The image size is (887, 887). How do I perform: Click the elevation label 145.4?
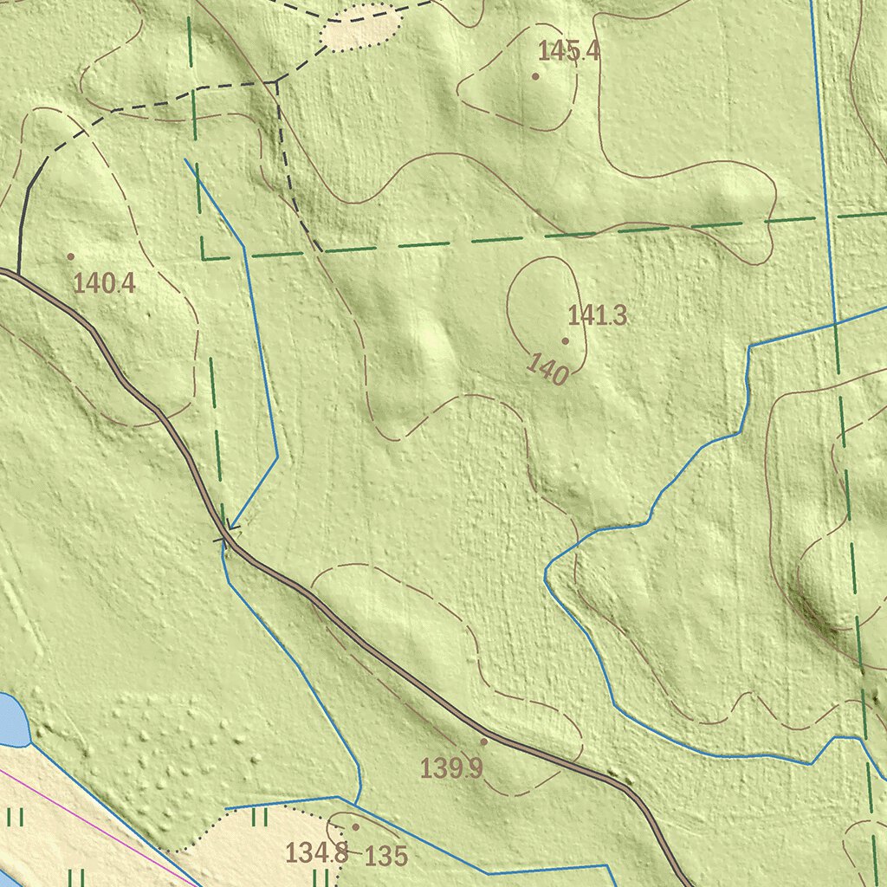568,51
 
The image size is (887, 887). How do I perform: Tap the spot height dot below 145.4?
535,76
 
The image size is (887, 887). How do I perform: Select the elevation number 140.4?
104,283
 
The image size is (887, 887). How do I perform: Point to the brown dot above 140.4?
70,256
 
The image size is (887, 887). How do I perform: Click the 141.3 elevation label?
597,316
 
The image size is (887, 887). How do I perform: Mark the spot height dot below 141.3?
566,341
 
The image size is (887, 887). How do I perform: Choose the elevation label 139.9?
451,767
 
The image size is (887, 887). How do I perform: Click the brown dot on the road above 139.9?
483,741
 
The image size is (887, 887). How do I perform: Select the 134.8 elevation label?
316,853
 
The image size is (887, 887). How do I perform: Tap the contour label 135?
385,857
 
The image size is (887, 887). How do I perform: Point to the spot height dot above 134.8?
355,827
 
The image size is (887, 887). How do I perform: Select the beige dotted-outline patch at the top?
361,27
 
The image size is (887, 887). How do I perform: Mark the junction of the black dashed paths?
275,82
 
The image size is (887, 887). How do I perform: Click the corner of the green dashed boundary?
204,257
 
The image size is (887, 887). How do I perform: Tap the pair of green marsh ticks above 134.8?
259,817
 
